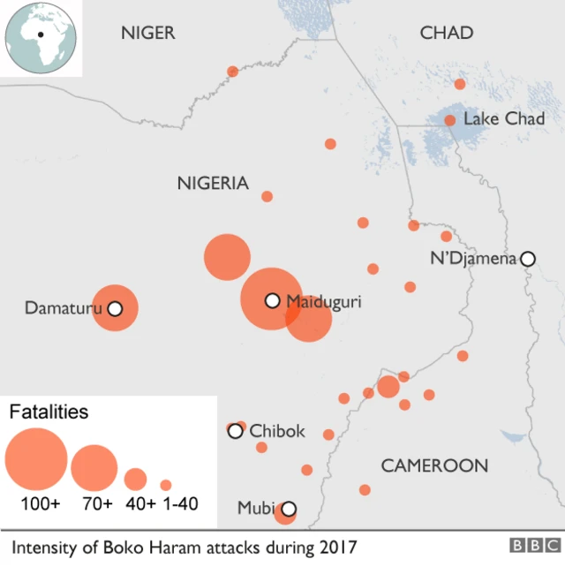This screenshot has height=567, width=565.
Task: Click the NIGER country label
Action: [148, 34]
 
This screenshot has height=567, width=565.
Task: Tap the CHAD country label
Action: [446, 34]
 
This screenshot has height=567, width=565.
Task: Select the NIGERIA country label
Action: [213, 184]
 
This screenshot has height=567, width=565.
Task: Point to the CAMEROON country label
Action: [434, 465]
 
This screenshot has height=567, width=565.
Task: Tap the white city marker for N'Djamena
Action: [528, 259]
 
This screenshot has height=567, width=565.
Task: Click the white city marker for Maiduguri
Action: [273, 301]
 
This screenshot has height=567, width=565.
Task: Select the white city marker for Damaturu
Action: [114, 309]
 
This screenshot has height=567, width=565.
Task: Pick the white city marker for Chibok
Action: [235, 431]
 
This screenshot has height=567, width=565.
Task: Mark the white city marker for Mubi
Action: [288, 509]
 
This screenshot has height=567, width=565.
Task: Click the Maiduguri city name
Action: [324, 301]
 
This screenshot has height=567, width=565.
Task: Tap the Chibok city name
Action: [277, 431]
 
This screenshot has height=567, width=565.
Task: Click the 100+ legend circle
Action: [36, 459]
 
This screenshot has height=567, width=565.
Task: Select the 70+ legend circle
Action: [94, 468]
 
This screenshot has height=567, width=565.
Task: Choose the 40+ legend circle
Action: [135, 480]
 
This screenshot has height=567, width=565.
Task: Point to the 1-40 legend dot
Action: [166, 485]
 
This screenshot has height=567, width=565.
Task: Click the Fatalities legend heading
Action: [49, 412]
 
